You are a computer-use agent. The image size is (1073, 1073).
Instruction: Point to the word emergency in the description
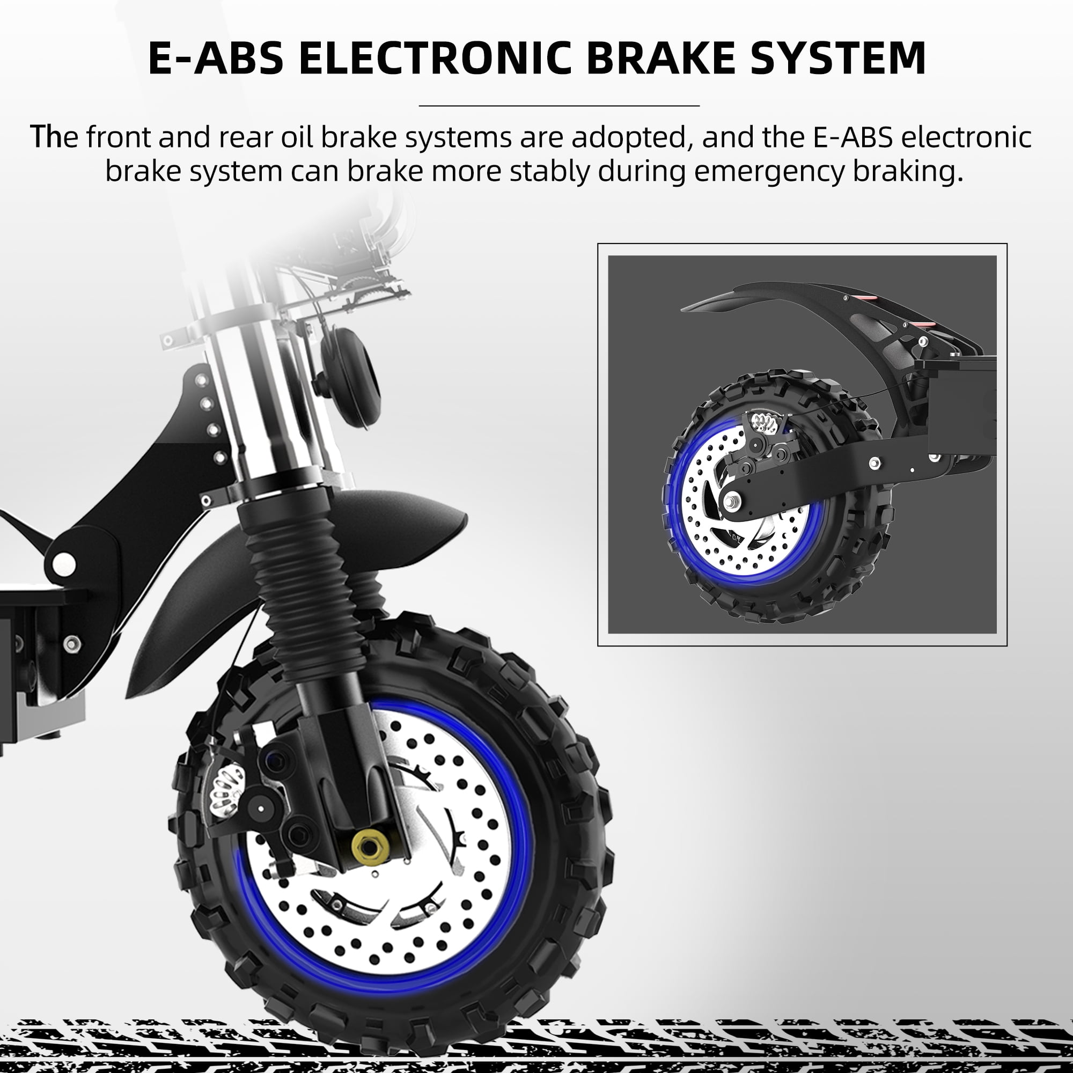(x=769, y=172)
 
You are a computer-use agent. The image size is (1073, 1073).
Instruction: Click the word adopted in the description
(x=630, y=137)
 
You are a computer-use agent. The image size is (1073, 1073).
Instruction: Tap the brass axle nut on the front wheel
(x=366, y=848)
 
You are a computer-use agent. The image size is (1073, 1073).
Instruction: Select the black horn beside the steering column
(x=349, y=378)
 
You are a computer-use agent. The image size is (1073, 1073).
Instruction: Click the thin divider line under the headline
(x=558, y=105)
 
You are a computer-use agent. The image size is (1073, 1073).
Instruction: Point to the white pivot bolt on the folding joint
(x=63, y=564)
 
